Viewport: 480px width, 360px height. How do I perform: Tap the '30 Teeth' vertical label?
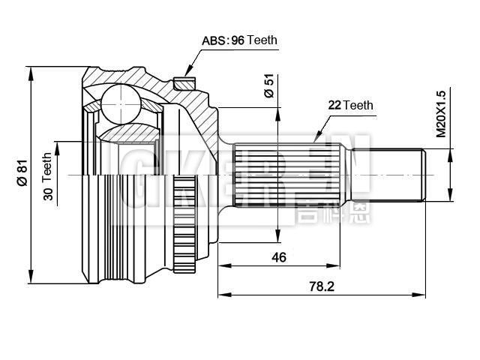(x=48, y=174)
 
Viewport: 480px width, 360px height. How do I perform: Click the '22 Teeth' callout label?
(x=350, y=106)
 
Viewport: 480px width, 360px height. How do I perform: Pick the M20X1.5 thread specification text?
(x=441, y=112)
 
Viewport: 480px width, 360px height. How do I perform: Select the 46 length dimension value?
(x=278, y=257)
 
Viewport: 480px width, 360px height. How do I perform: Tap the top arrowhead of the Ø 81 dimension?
(x=31, y=70)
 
